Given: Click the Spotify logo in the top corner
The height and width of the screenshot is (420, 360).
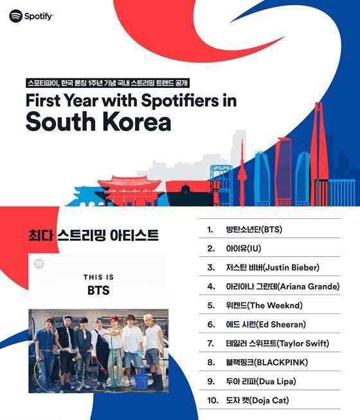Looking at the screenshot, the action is point(31,16).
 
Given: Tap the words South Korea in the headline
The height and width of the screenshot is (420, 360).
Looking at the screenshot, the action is point(98,122).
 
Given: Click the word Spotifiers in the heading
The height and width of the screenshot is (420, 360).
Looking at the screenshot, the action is point(179,100).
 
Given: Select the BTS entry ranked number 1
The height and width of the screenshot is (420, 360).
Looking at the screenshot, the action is point(254,229).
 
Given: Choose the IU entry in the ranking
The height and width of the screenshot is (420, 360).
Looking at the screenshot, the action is point(244,249).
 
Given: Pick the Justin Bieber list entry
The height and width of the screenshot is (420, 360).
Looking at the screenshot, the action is point(273,268).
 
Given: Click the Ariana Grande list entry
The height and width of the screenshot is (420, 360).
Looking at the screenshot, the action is point(283,286).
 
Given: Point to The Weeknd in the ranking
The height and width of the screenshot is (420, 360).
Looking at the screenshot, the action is point(264,306).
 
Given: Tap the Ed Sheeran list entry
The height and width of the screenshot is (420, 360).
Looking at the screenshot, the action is point(265,325).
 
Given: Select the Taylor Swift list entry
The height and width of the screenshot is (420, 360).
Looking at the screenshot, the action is point(278,344).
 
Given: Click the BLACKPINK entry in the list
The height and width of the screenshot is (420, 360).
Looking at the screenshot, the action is point(267,363).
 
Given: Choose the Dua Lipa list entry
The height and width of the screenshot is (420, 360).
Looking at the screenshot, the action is point(261,381).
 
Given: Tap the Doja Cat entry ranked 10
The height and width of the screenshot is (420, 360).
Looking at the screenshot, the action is point(257,401).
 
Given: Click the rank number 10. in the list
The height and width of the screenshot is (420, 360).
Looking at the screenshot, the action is point(213,401).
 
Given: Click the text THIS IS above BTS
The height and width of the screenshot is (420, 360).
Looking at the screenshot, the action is point(98,277).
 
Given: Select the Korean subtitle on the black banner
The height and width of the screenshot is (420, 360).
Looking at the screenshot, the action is point(107,83).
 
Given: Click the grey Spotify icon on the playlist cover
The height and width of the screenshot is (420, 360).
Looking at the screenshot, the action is point(39,264).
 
